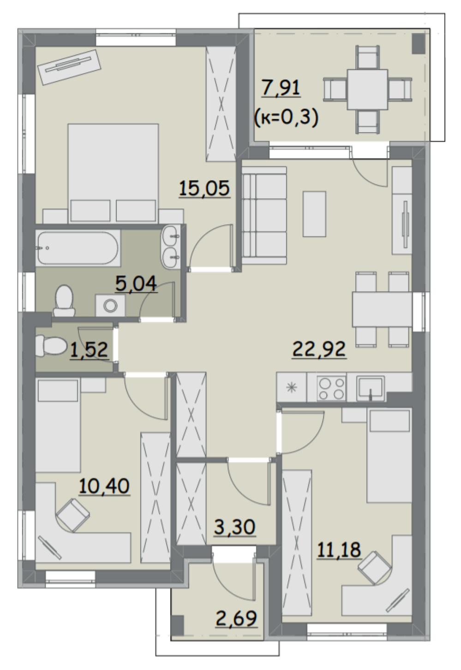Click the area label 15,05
pos(204,189)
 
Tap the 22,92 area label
pos(319,349)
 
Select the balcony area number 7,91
pos(281,88)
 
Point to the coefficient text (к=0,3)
pos(286,118)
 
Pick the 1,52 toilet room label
pos(89,349)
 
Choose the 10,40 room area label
pos(104,486)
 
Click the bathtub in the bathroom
pos(78,248)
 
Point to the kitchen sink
pos(371,388)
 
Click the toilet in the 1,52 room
pos(51,346)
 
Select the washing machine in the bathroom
pos(110,306)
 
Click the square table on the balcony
pos(367,89)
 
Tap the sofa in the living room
pos(264,216)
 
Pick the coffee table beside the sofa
pos(314,214)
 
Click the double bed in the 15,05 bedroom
pos(113,173)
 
